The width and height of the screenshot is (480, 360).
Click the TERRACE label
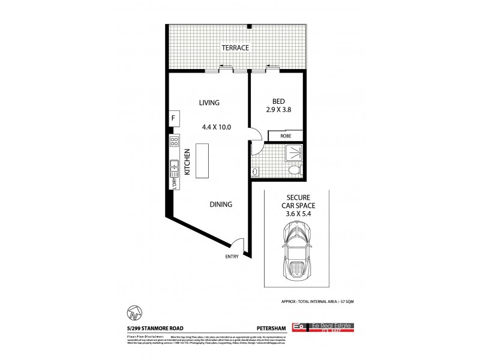(x=234, y=47)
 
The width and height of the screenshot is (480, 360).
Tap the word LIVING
(x=209, y=103)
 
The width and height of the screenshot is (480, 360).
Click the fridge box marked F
(x=173, y=118)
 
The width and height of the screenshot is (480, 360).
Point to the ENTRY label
(x=232, y=257)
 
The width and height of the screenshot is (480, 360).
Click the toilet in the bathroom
(x=294, y=172)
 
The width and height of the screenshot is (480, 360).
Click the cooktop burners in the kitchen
(x=175, y=143)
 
